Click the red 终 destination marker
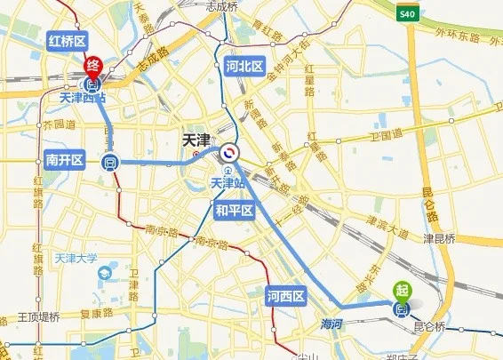tap(92, 66)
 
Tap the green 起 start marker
tap(402, 290)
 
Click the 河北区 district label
tap(244, 67)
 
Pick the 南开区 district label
tap(64, 160)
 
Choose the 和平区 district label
tap(235, 211)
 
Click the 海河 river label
tap(332, 325)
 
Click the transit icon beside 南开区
tap(110, 162)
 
